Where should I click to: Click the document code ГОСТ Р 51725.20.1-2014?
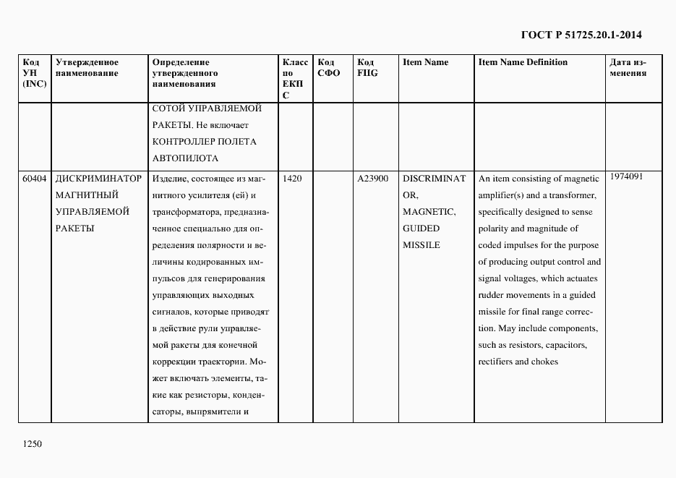[581, 35]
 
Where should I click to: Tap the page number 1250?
[33, 444]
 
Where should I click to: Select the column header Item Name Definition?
[523, 62]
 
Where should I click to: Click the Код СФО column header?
[329, 68]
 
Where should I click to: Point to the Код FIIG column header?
[367, 68]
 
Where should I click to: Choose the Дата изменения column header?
[628, 68]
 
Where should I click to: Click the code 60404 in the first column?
[34, 179]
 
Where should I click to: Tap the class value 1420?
[292, 179]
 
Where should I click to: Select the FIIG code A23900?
[373, 179]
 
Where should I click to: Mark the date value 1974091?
[626, 176]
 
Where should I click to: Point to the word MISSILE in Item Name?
[421, 245]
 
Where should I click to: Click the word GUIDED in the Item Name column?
[421, 229]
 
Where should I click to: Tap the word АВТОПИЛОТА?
[186, 158]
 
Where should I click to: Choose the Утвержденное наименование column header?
[87, 68]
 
